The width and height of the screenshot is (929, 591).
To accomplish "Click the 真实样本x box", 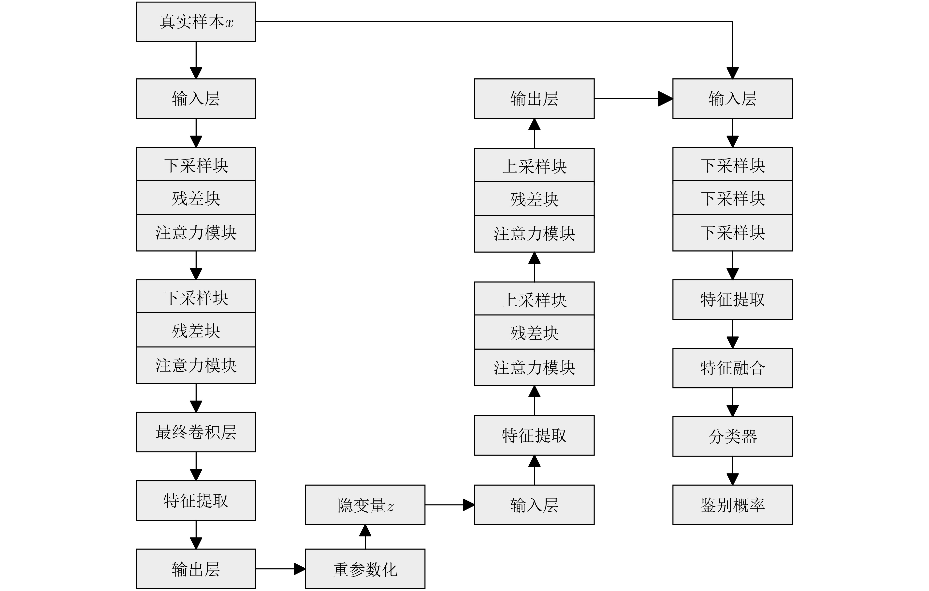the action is click(x=196, y=22).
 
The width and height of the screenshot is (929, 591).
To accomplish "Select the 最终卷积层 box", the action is click(x=196, y=432).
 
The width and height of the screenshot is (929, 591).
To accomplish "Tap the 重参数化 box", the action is click(x=365, y=569).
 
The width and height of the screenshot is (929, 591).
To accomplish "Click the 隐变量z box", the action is click(x=365, y=505).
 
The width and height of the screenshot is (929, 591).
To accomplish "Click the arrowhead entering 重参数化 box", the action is click(x=300, y=569).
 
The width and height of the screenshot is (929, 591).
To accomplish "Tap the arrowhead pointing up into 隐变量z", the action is click(x=365, y=531).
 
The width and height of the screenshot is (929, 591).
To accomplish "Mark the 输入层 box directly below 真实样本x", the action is click(x=196, y=99).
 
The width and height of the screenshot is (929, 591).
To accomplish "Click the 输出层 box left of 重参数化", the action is click(x=196, y=569).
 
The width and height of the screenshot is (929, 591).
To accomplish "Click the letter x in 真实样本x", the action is click(x=229, y=23).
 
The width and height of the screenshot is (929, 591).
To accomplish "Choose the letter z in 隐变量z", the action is click(x=391, y=507).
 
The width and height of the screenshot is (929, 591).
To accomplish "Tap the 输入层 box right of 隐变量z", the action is click(x=534, y=505).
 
